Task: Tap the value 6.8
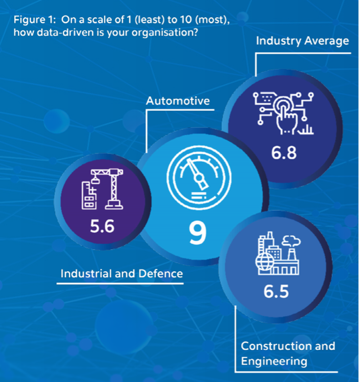[284, 153]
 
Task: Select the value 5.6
[102, 226]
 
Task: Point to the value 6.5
[276, 291]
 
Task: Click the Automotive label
[178, 101]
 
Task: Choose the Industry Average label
[302, 41]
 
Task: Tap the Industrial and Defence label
[122, 274]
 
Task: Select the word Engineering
[274, 362]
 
